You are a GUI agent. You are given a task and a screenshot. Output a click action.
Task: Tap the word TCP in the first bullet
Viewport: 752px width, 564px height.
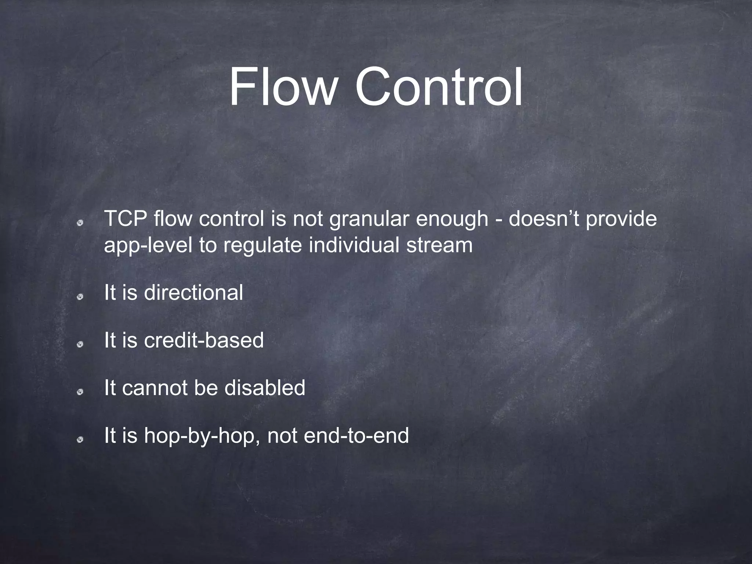click(x=126, y=219)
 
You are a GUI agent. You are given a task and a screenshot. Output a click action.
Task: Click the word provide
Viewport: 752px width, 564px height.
click(x=621, y=220)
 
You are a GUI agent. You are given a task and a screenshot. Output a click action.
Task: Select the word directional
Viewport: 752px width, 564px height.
click(x=194, y=293)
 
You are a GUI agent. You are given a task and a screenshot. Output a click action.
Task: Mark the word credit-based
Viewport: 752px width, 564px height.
click(x=204, y=340)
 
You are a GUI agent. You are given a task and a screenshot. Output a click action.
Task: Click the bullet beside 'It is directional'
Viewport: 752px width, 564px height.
click(x=79, y=297)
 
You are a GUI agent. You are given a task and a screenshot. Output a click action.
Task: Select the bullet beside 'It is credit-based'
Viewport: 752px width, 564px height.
click(x=79, y=344)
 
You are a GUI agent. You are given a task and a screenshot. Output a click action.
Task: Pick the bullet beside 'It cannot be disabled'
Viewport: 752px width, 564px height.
click(x=79, y=392)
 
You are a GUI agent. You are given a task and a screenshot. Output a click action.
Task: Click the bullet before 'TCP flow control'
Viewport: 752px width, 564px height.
click(x=79, y=223)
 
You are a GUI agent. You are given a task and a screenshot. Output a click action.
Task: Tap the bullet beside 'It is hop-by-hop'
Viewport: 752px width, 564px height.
click(x=79, y=440)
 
